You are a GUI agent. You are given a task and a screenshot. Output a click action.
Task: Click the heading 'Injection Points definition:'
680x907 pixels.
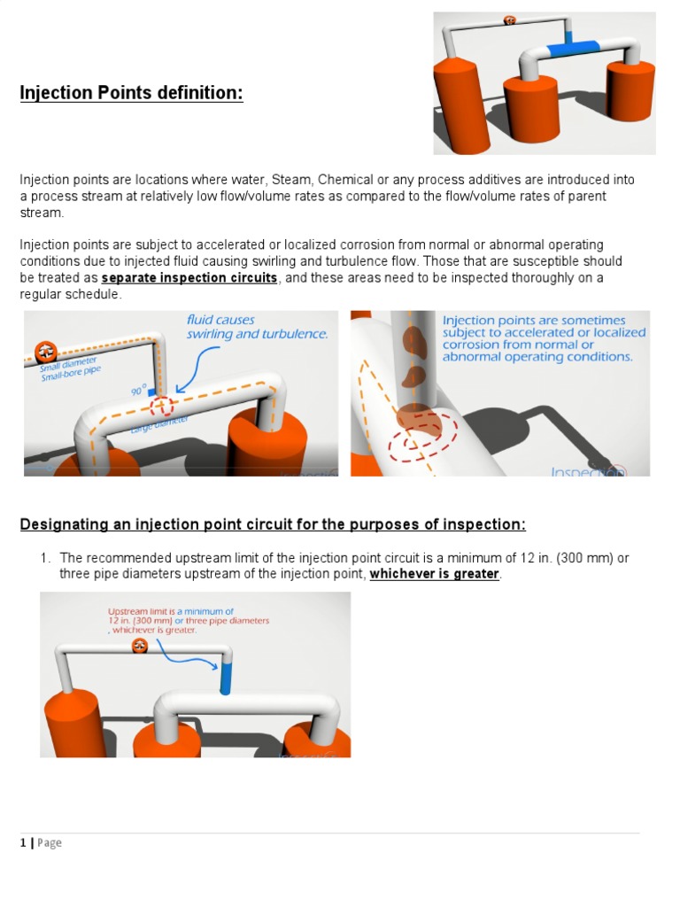[x=131, y=93]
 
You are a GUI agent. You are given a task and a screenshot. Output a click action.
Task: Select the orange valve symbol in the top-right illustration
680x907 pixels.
[x=510, y=19]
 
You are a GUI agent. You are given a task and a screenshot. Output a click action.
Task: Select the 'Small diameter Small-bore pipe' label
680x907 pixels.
[x=68, y=368]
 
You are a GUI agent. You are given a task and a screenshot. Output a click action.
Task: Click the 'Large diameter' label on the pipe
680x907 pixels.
[x=159, y=426]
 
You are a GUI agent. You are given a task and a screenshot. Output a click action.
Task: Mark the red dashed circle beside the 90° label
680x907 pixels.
[x=162, y=406]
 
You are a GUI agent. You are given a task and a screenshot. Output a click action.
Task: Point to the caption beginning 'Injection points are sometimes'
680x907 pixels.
[x=537, y=338]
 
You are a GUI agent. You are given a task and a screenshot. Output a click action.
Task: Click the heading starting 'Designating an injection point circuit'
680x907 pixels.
[x=273, y=525]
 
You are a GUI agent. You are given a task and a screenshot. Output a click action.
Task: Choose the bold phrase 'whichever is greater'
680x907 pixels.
[x=434, y=574]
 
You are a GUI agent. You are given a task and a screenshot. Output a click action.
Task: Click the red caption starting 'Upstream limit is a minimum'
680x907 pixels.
[x=188, y=620]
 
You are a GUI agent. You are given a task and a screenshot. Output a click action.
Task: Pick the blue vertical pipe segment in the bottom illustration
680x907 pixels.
[x=225, y=674]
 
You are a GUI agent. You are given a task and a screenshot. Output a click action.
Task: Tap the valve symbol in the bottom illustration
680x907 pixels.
[x=140, y=647]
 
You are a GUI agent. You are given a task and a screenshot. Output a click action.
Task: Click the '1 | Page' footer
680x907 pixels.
[x=41, y=842]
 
